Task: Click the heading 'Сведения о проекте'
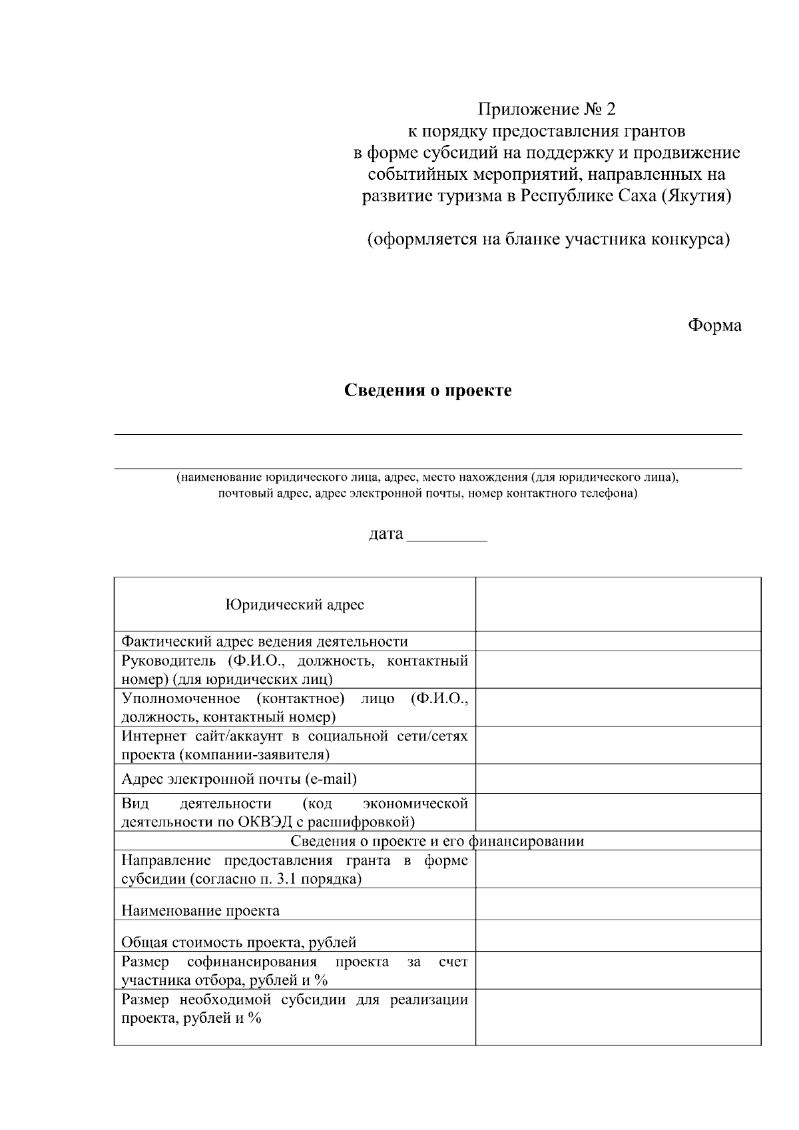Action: (x=427, y=390)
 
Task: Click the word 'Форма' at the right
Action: (x=714, y=326)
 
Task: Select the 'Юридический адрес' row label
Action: (x=294, y=605)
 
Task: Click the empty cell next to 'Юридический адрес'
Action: (x=618, y=605)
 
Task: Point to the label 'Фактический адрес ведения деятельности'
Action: (x=264, y=641)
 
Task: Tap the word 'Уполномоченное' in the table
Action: (x=180, y=699)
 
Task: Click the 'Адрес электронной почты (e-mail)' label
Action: (x=238, y=778)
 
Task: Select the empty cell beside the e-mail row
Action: (x=618, y=778)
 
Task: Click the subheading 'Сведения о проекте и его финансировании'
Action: (x=437, y=840)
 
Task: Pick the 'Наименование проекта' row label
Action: (x=200, y=910)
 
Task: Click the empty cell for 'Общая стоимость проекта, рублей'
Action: (x=618, y=936)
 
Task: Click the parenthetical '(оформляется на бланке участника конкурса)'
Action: (x=549, y=239)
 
